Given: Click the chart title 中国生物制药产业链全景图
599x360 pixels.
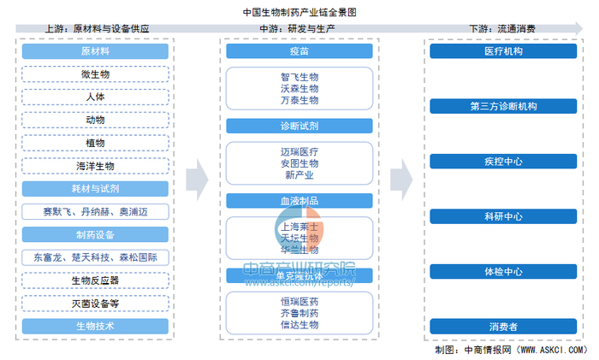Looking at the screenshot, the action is click(299, 12).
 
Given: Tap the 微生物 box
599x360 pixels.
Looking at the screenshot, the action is click(97, 75).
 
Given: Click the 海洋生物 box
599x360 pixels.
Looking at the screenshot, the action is click(97, 166).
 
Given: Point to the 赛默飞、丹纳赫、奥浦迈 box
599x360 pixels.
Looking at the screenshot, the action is click(97, 211).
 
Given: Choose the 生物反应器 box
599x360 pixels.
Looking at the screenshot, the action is click(97, 280).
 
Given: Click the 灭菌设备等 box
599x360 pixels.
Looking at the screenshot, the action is click(97, 303).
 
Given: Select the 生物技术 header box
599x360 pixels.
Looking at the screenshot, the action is click(97, 326).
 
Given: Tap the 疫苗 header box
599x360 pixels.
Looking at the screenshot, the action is click(299, 52).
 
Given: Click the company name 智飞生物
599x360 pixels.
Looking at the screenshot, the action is click(299, 76).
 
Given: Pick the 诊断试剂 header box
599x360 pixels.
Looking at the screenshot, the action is click(299, 126).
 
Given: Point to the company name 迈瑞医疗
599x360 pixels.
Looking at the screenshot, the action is click(299, 150).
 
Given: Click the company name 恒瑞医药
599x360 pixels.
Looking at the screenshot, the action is click(299, 300).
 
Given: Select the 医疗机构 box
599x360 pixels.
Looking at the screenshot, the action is click(503, 52).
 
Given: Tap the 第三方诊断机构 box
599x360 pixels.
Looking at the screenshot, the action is click(503, 107).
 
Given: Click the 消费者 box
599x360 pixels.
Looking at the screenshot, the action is click(503, 326).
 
